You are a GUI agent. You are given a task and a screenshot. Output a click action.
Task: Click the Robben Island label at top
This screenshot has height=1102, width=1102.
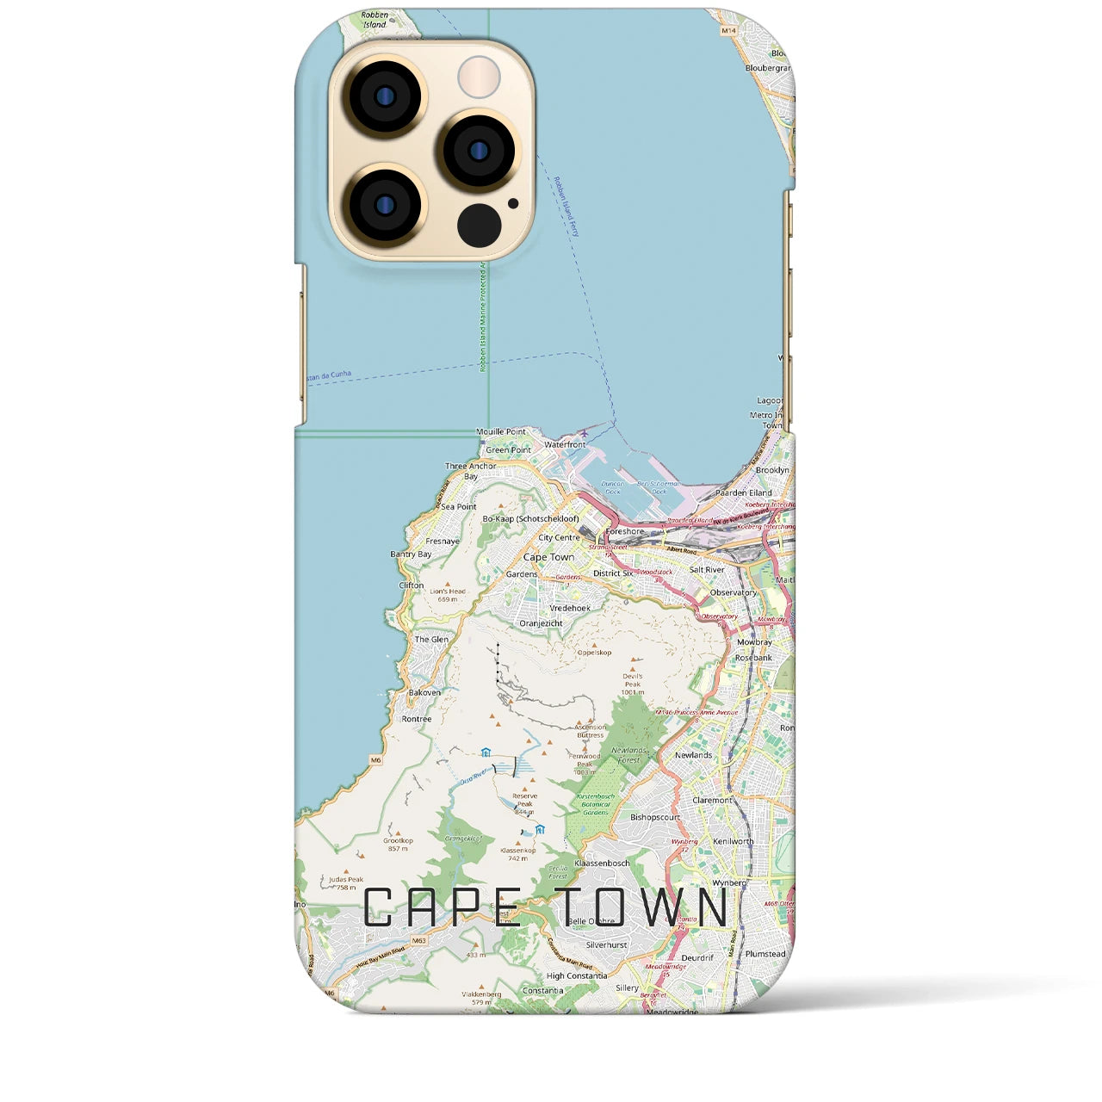pyautogui.click(x=375, y=20)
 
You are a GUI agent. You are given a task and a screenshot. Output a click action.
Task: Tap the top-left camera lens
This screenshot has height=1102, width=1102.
pyautogui.click(x=384, y=96)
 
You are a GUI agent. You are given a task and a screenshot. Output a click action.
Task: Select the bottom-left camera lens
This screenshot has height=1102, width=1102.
pyautogui.click(x=384, y=205)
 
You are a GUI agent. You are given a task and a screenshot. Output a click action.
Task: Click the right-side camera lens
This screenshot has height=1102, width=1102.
pyautogui.click(x=479, y=152)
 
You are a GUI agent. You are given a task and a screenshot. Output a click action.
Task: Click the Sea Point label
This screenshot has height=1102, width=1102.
pyautogui.click(x=459, y=507)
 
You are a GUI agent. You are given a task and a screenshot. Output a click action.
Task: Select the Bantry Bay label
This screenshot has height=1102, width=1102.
pyautogui.click(x=411, y=554)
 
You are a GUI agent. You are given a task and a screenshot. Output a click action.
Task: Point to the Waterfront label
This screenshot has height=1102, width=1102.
pyautogui.click(x=565, y=445)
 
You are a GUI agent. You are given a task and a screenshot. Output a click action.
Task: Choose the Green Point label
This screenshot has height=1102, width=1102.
pyautogui.click(x=508, y=450)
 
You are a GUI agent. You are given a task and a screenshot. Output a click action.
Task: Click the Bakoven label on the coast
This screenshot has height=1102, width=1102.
pyautogui.click(x=424, y=692)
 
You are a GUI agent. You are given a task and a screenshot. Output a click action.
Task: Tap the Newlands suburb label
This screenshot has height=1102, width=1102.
pyautogui.click(x=693, y=755)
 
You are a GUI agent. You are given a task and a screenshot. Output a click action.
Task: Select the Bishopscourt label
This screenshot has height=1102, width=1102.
pyautogui.click(x=655, y=817)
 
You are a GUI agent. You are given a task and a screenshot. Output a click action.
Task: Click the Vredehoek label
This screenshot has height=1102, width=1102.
pyautogui.click(x=570, y=608)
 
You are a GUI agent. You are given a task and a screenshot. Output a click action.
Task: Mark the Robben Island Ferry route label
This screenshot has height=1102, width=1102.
pyautogui.click(x=566, y=207)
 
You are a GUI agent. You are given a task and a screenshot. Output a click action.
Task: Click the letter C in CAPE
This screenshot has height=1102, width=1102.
pyautogui.click(x=379, y=907)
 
